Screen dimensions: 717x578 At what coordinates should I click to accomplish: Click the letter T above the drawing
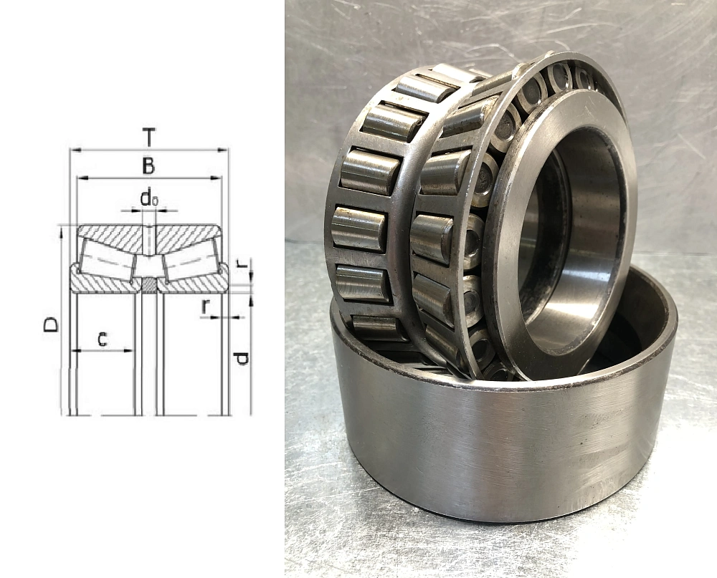point(148,137)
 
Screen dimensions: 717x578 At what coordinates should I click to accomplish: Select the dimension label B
point(148,166)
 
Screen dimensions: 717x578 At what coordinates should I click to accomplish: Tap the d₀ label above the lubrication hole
point(149,198)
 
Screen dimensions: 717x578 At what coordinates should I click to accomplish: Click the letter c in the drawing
point(103,339)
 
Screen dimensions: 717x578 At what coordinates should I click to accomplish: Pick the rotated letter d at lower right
point(241,359)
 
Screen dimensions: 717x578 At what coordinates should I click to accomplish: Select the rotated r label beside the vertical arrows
point(243,263)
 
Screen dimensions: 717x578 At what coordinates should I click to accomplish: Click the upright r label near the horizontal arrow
point(206,307)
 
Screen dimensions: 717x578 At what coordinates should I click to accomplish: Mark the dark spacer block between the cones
point(148,284)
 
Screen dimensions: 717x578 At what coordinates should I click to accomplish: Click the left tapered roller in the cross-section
point(108,261)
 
